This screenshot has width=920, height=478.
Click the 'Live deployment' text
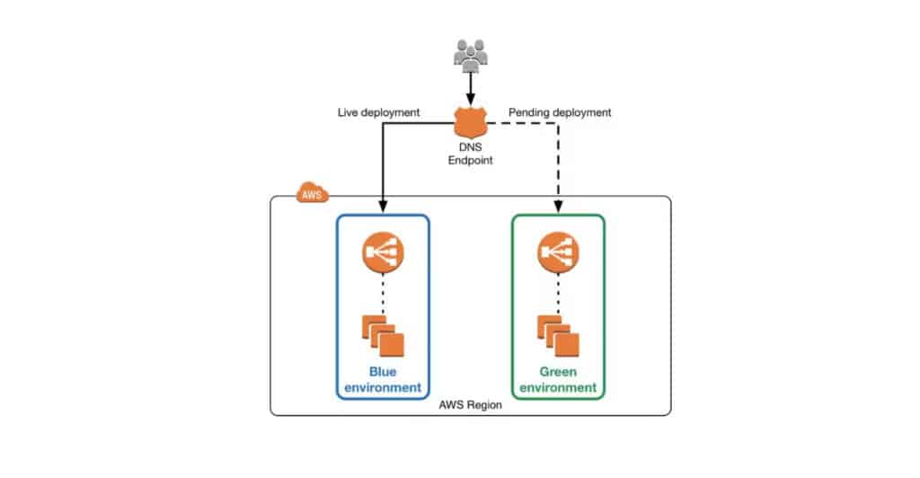(378, 112)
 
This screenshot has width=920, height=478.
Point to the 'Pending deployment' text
(560, 112)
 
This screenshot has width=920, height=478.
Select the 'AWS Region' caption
(470, 405)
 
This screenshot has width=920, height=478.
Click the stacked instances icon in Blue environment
(383, 336)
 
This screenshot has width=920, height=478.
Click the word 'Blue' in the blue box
(383, 371)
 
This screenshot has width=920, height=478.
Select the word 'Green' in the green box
(559, 371)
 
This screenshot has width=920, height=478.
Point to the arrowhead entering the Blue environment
(384, 208)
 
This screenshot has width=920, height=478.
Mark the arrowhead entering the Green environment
(559, 208)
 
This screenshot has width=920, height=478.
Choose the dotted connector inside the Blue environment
(383, 293)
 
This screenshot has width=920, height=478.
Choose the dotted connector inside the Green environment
(559, 293)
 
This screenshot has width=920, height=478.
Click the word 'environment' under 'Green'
(559, 388)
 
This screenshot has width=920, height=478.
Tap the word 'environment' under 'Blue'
(383, 388)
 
